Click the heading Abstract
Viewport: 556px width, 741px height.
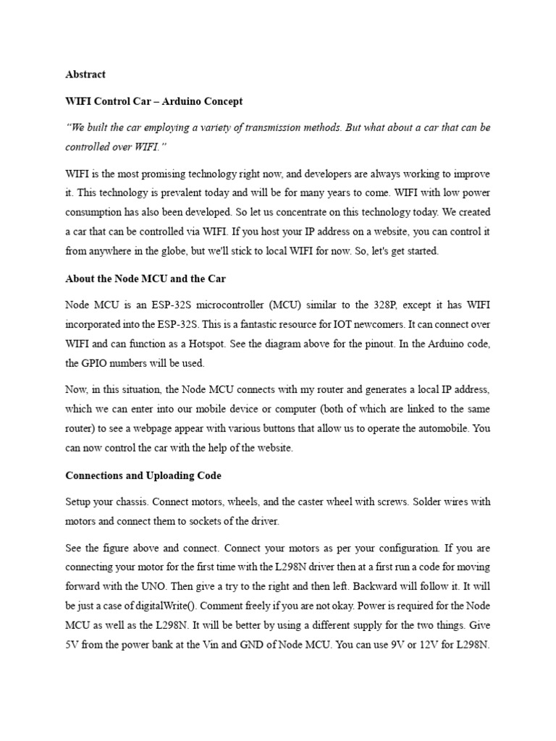pos(85,74)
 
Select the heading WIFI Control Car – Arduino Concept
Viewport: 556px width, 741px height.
pos(154,101)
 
